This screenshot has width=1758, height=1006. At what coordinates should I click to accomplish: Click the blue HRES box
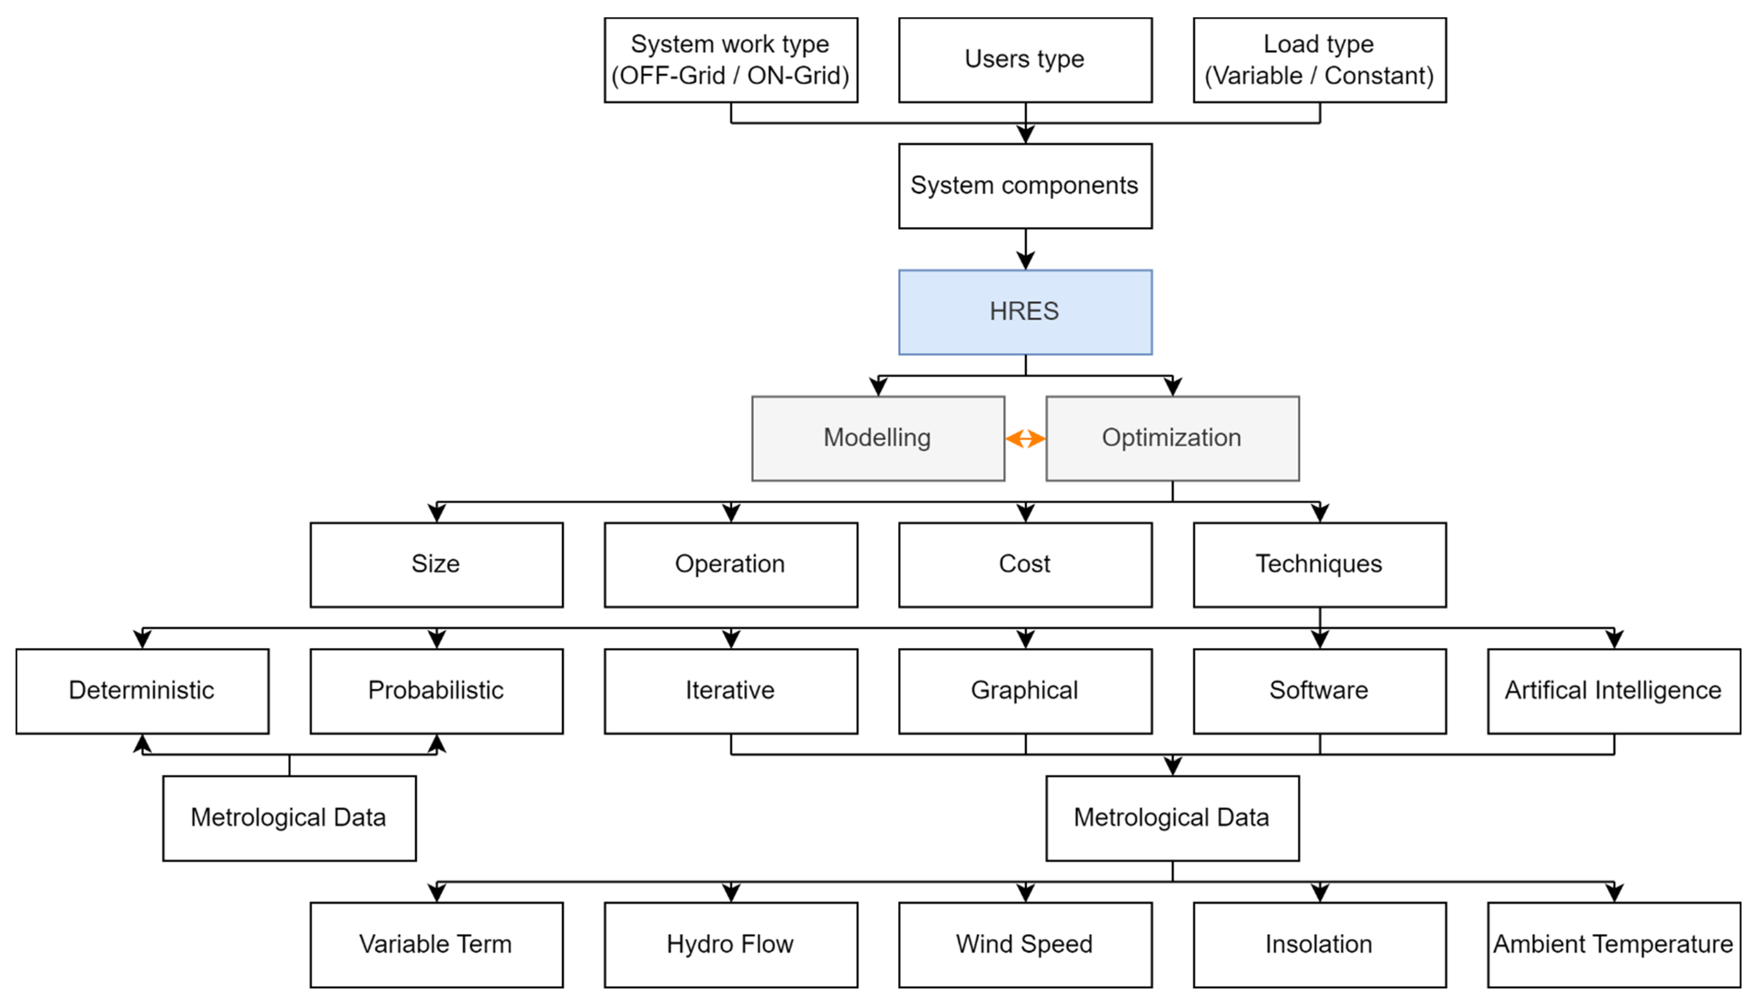tap(1025, 312)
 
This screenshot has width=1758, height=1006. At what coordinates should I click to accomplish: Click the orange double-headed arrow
tap(1025, 438)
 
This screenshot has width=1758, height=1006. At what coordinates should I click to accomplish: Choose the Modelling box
tap(878, 438)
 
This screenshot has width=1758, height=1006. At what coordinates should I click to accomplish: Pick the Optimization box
tap(1172, 438)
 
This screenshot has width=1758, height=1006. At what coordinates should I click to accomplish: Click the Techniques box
tap(1319, 565)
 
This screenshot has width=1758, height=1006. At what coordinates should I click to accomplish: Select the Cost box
tap(1025, 565)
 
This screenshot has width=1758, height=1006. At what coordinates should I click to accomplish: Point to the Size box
tap(436, 565)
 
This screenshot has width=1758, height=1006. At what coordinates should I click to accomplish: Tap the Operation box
tap(731, 565)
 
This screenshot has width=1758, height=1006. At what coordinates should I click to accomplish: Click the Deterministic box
tap(142, 691)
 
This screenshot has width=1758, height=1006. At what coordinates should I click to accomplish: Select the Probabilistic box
tap(436, 691)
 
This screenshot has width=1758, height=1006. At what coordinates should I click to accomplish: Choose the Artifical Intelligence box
tap(1613, 691)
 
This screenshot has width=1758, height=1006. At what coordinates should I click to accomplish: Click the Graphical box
tap(1025, 691)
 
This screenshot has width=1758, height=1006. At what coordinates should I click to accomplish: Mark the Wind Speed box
tap(1025, 945)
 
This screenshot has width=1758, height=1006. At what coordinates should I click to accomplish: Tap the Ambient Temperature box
tap(1613, 945)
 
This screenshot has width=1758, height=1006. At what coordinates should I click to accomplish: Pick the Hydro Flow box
tap(731, 945)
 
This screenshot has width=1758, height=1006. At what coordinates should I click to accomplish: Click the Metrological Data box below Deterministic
tap(289, 818)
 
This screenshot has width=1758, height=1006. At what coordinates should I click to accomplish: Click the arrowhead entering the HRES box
tap(1025, 261)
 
